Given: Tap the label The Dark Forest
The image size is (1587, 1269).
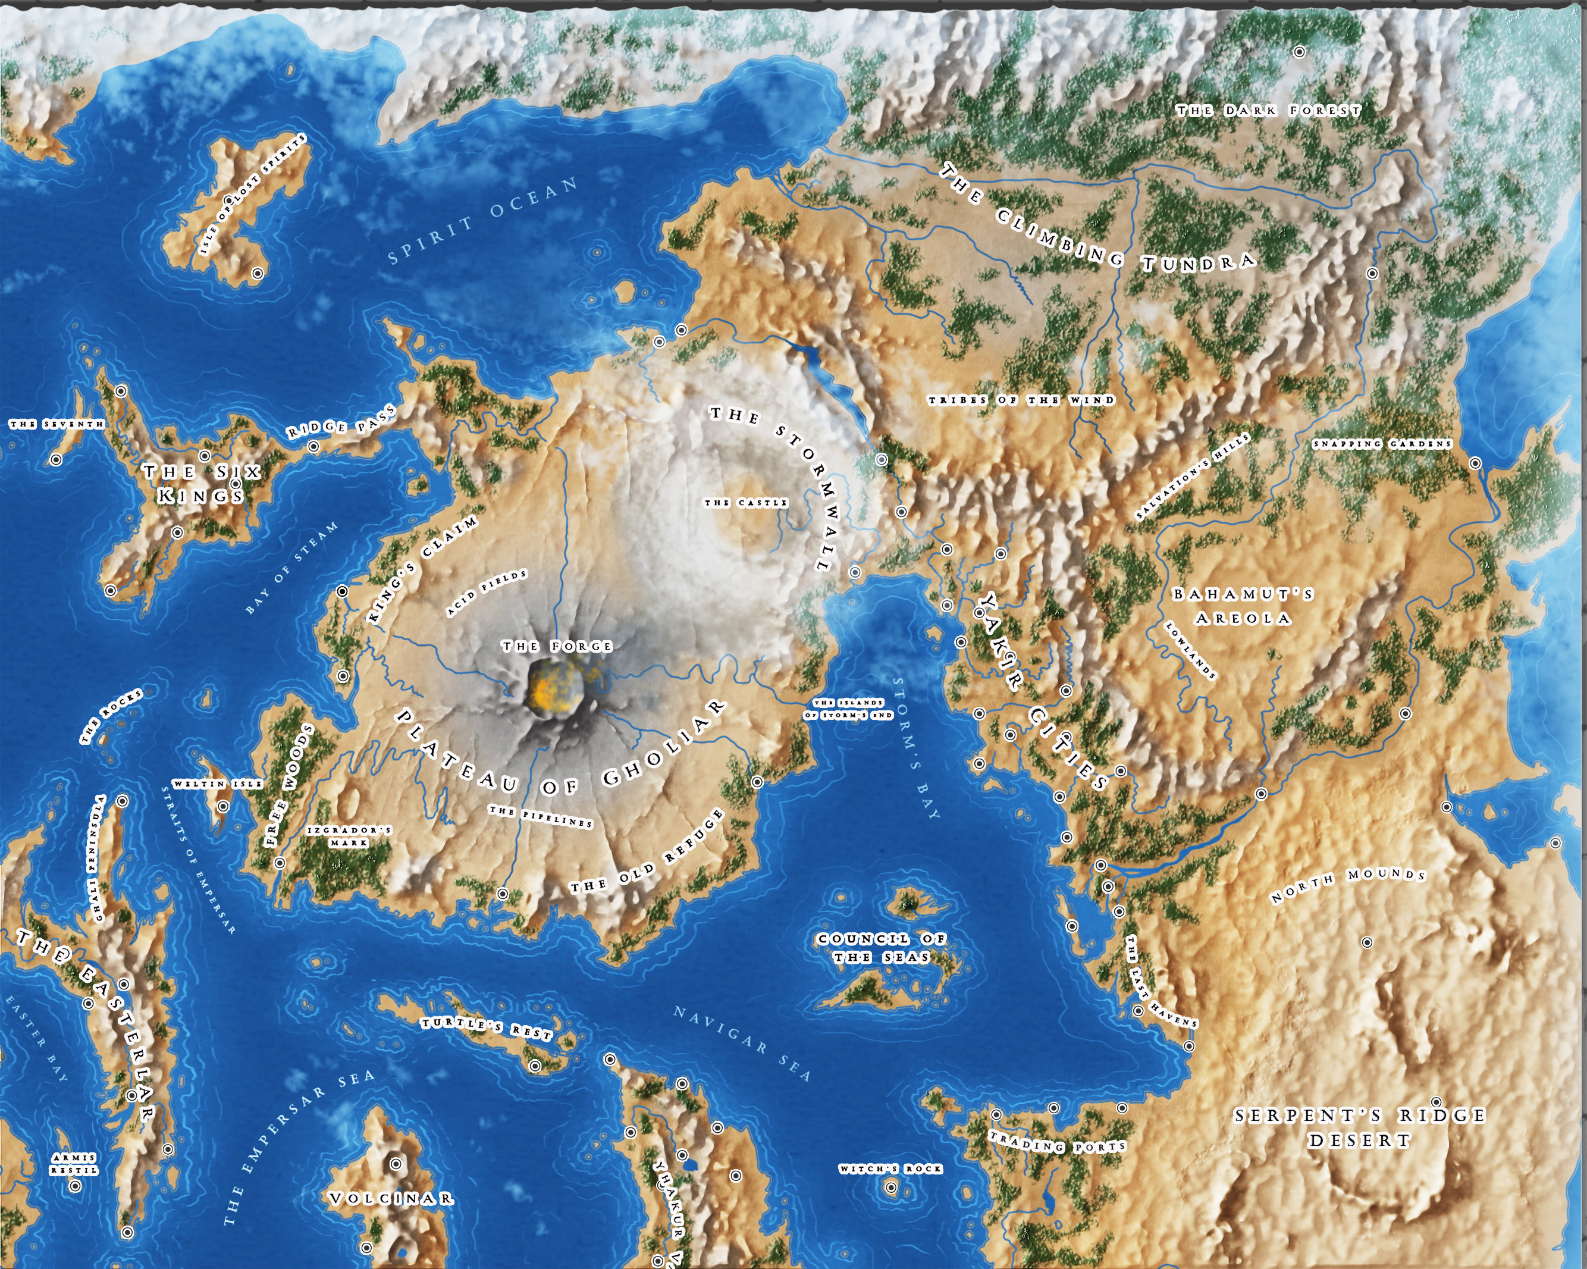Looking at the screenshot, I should (1268, 111).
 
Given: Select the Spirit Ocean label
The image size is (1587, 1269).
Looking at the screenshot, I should (483, 220).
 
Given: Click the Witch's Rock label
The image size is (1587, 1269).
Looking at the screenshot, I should (890, 1169).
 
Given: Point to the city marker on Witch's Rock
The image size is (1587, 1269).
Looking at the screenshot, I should (890, 1187).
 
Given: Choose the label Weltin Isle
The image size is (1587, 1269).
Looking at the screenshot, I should (217, 784).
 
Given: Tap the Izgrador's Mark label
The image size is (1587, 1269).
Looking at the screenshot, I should (349, 836).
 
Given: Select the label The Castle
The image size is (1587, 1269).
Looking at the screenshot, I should (746, 503).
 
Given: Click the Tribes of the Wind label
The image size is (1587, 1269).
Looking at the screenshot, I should (1021, 400).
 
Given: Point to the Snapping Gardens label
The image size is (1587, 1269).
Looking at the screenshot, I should (1382, 444).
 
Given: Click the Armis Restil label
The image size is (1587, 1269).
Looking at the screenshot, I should (74, 1164).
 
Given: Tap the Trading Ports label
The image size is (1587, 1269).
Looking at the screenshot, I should (1057, 1142).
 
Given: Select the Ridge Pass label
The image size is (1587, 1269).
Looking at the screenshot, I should (341, 422).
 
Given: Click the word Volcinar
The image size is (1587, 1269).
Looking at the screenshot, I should (391, 1198).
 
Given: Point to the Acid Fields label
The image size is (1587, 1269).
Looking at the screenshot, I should (487, 593).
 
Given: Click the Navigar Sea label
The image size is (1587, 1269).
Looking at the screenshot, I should (742, 1043).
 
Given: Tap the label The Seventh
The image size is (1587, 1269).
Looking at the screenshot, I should (57, 425).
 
